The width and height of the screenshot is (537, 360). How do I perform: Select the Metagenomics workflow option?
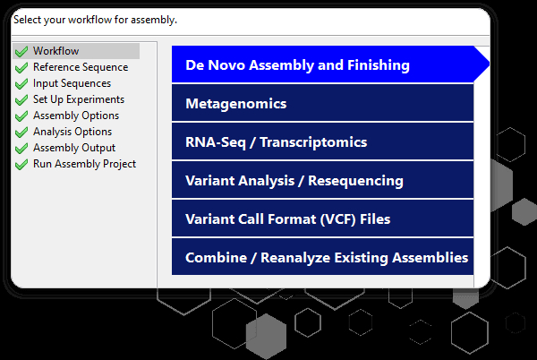(x=322, y=103)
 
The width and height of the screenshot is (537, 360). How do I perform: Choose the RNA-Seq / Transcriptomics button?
(x=322, y=141)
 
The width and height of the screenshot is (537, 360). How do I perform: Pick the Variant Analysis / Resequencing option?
(x=322, y=180)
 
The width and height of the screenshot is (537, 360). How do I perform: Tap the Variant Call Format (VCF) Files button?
(x=322, y=219)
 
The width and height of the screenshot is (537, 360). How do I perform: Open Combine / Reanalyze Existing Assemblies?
(x=322, y=257)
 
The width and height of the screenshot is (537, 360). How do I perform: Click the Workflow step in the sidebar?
(x=55, y=51)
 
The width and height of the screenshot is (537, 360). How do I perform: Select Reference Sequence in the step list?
(x=81, y=67)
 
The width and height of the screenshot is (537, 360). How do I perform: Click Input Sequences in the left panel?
(x=72, y=83)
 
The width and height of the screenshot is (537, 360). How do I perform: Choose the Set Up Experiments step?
(x=79, y=99)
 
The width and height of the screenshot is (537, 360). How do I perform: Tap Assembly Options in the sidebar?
(x=76, y=116)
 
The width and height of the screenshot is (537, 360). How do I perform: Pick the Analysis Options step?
(x=72, y=132)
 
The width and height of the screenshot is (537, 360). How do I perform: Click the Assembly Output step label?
(x=74, y=148)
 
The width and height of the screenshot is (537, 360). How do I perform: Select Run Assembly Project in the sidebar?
(x=84, y=164)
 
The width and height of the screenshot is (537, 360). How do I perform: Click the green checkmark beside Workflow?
(x=21, y=51)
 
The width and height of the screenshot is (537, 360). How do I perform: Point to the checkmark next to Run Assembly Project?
(x=21, y=164)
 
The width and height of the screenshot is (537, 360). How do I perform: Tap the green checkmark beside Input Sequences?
(x=21, y=83)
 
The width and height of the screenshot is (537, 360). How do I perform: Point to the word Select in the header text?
(x=27, y=20)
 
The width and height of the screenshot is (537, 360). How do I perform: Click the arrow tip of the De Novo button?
(x=490, y=64)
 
